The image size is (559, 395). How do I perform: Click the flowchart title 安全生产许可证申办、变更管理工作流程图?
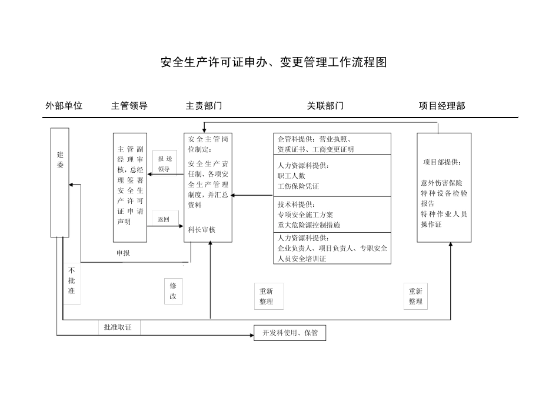pos(274,63)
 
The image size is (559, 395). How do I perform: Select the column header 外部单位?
pos(64,106)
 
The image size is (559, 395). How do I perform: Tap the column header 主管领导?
pos(129,106)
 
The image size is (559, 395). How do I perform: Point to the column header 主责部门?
pos(204,106)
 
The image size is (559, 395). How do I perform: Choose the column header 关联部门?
pos(325,106)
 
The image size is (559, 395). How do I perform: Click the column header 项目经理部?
pos(442,106)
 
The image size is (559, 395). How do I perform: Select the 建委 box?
pos(60,182)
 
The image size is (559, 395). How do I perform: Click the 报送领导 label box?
pos(165,164)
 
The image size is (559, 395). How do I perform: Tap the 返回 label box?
pos(164,219)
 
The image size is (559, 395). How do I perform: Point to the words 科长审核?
pos(202,230)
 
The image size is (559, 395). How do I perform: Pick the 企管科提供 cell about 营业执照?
pos(332,144)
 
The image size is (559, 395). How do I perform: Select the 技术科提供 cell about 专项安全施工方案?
pos(332,215)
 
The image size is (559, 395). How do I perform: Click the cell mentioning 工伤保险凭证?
pos(332,176)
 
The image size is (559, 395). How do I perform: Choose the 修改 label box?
pos(173,290)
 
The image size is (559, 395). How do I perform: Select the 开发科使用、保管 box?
pos(290,333)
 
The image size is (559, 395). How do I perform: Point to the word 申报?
pos(123,253)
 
